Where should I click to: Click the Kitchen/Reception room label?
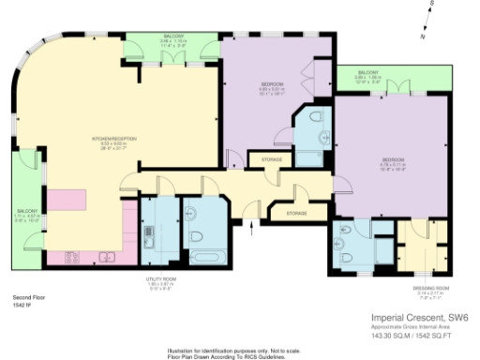click(114, 139)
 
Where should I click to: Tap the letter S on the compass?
click(433, 5)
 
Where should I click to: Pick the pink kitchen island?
click(67, 200)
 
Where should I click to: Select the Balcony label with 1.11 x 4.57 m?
click(25, 212)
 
